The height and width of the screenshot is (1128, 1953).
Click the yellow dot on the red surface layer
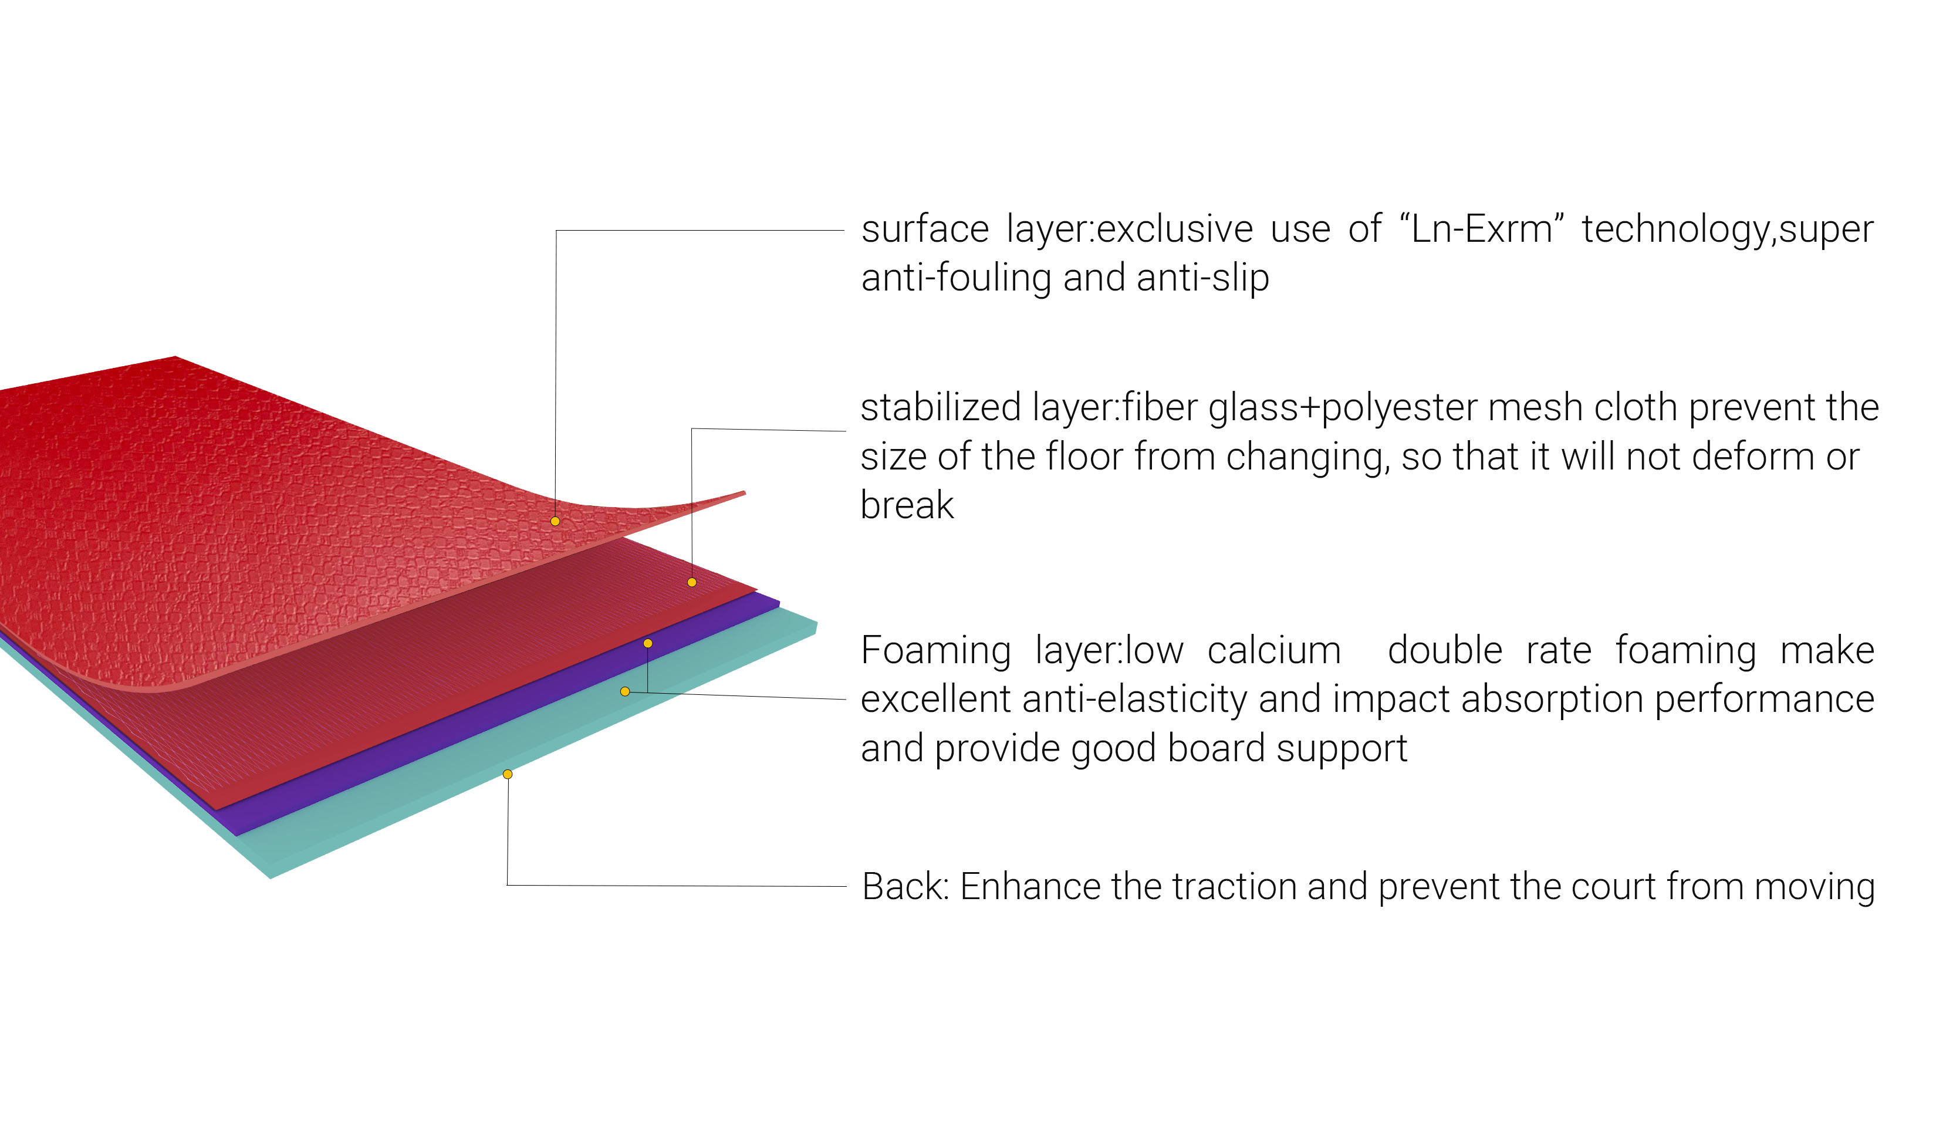tap(555, 521)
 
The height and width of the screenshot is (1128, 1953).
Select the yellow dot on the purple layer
tap(648, 644)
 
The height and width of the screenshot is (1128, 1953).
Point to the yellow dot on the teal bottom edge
tap(508, 775)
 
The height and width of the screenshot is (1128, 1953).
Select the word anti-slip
tap(1202, 278)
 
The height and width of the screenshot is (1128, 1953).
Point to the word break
tap(907, 505)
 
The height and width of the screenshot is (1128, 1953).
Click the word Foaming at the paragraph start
tap(935, 651)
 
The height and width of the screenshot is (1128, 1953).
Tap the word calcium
tap(1273, 651)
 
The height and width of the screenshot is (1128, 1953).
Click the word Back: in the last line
tap(905, 886)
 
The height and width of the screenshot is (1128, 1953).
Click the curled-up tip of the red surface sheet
tap(744, 492)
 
